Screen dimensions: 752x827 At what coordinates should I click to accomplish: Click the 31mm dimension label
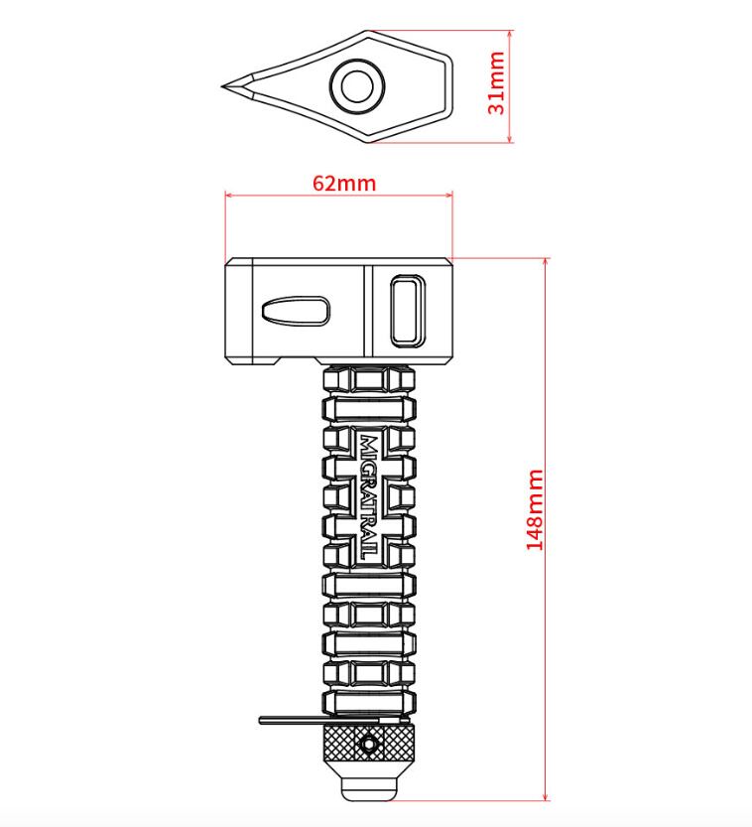point(497,83)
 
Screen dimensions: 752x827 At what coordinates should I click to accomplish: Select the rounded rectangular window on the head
point(408,311)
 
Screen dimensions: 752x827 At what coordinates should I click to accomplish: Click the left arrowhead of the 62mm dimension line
point(229,196)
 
